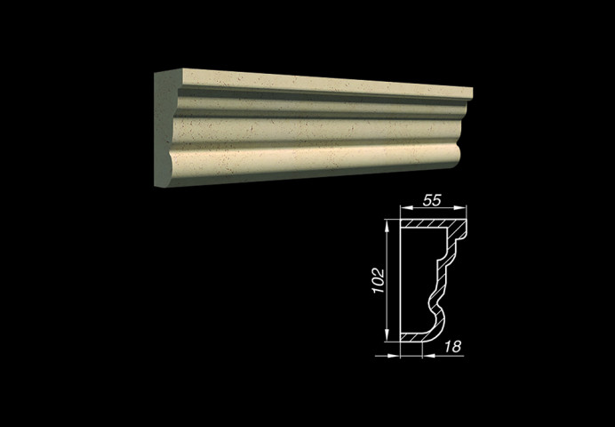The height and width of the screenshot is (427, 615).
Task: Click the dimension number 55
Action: click(x=432, y=200)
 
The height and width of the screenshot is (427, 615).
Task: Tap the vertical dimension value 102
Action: click(x=378, y=280)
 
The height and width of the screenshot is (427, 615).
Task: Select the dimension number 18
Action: click(x=452, y=347)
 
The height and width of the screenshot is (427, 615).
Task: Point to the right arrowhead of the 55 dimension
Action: click(x=460, y=207)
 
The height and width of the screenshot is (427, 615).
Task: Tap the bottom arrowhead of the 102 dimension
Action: click(x=387, y=335)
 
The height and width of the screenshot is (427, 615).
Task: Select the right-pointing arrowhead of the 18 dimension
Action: click(x=394, y=356)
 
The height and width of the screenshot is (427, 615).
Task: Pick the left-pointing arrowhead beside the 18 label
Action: click(x=428, y=356)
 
